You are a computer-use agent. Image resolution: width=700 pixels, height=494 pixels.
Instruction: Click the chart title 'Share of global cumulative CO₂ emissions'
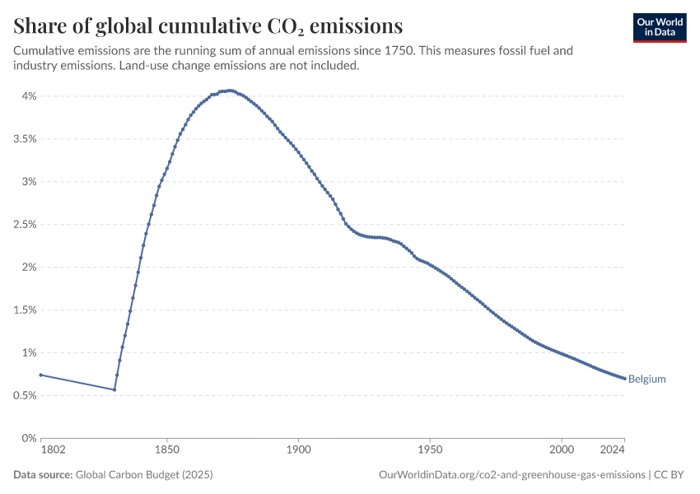(208, 26)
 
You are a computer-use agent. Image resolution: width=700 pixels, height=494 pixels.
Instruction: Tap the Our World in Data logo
(660, 28)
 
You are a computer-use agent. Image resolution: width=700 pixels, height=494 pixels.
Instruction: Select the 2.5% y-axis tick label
(25, 224)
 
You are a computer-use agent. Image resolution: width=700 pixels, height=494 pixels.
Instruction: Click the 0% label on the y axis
(29, 438)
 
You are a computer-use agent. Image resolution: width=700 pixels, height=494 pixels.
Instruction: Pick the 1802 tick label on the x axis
(53, 450)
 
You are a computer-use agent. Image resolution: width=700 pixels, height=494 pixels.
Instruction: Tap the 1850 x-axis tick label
(167, 450)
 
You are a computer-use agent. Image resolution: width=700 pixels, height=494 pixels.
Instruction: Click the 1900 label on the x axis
(299, 450)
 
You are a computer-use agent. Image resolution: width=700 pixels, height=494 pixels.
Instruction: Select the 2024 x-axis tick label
(612, 450)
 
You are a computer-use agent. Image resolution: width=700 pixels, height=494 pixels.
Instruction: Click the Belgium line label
(646, 379)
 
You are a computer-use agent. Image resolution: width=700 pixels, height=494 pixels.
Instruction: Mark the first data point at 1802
(40, 375)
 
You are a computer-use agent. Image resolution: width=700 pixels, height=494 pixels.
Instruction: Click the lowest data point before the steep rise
(114, 389)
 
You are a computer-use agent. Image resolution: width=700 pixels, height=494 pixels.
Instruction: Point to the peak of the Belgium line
(230, 91)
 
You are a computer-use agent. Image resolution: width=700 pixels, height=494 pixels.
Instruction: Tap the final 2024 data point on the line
(624, 379)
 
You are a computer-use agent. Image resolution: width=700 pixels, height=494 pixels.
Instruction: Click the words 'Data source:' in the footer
(43, 474)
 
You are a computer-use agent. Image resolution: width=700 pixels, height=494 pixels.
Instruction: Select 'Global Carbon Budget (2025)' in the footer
(144, 474)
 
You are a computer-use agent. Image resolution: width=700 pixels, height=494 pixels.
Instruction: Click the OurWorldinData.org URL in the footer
(512, 474)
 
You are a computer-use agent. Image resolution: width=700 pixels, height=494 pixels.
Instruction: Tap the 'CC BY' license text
(669, 474)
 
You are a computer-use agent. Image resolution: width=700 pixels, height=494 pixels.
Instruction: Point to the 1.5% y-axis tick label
(25, 310)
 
